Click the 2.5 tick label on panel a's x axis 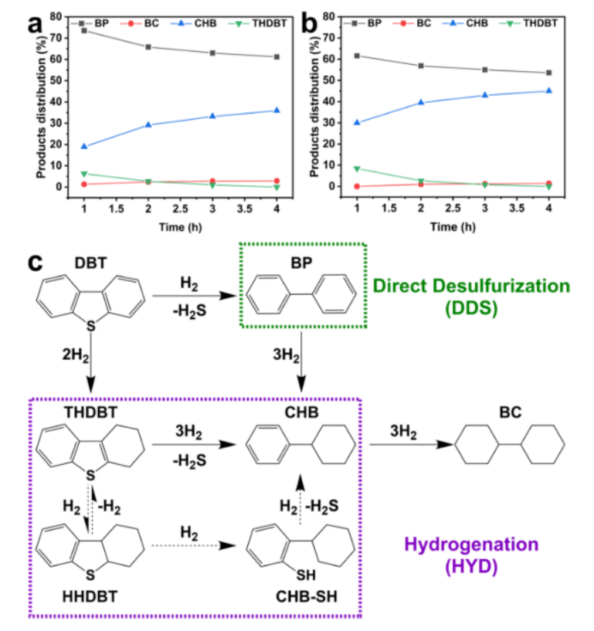179,208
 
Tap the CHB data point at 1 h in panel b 357,122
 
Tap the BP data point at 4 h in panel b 548,73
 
